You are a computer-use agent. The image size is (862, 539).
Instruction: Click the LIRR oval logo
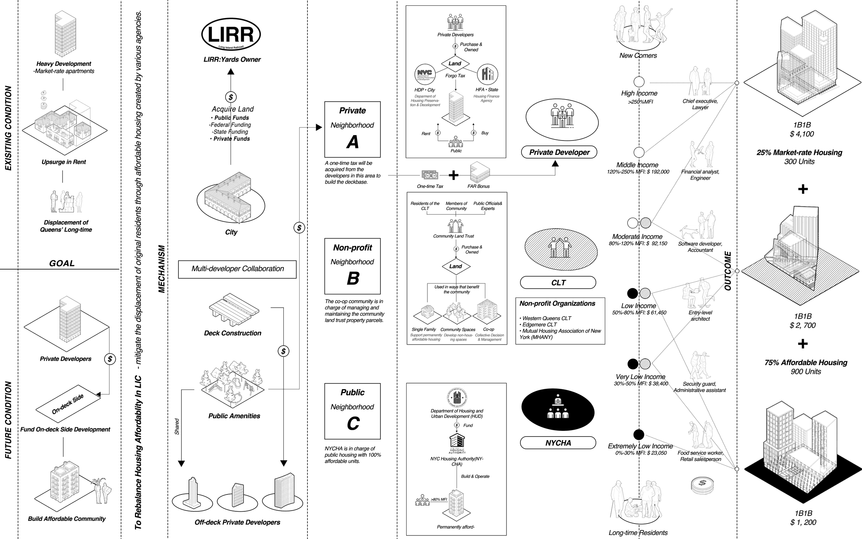point(231,34)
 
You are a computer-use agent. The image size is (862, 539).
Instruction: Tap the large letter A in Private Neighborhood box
point(353,142)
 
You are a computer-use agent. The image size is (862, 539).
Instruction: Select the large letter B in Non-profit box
point(353,278)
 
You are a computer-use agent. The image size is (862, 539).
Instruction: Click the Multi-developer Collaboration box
point(237,269)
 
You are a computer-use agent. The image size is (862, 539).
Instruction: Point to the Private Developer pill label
point(559,152)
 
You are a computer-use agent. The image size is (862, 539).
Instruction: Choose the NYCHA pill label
point(558,443)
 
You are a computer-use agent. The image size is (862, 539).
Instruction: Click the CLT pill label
point(558,283)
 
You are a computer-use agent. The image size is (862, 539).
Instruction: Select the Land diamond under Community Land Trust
point(455,266)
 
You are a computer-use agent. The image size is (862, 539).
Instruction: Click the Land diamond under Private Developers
point(455,64)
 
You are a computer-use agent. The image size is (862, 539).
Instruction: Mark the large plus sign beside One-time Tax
point(454,175)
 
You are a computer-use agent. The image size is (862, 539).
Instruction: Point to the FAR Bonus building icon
point(480,172)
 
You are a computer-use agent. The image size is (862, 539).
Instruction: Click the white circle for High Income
point(639,82)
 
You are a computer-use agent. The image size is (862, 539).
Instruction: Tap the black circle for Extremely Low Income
point(639,435)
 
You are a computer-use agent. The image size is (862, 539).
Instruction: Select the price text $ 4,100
point(802,134)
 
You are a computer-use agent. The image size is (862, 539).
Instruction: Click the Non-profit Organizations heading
point(557,303)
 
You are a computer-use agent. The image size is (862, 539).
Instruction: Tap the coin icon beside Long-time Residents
point(702,485)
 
